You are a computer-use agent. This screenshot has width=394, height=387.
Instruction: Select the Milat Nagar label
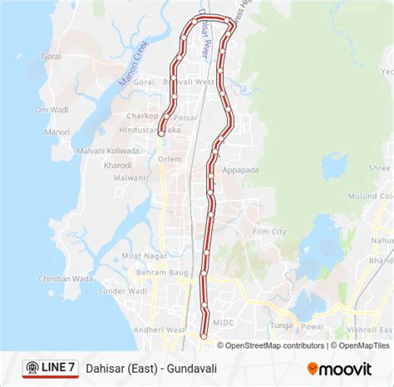point(139,256)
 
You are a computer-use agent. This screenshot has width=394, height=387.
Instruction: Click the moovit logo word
point(347,367)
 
